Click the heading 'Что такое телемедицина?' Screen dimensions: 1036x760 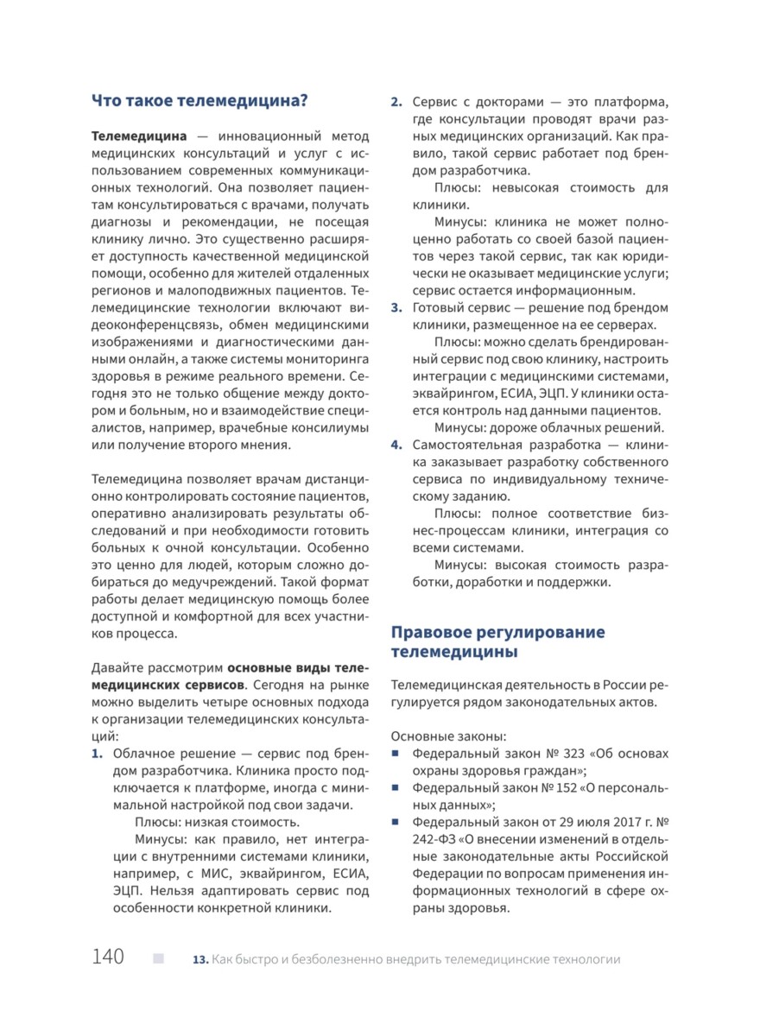[x=199, y=99]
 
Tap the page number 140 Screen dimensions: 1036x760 [x=108, y=957]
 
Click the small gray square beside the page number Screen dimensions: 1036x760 [x=158, y=957]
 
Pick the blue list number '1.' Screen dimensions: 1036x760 [x=98, y=754]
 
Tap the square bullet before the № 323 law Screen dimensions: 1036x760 [x=396, y=754]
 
